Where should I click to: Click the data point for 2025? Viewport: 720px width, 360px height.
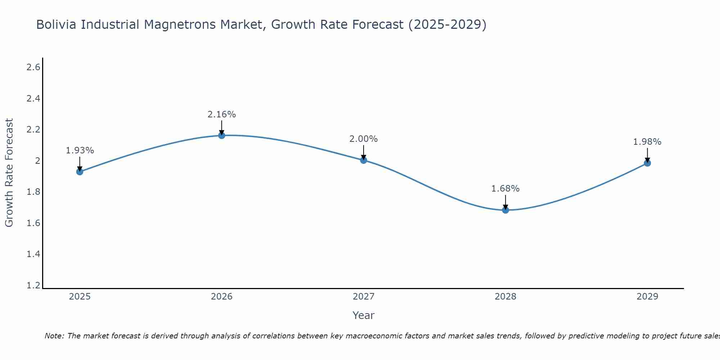tap(80, 172)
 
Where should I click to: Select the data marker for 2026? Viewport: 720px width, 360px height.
tap(222, 135)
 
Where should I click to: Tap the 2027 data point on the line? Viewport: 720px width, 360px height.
tap(364, 160)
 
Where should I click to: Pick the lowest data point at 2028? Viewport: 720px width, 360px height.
tap(505, 210)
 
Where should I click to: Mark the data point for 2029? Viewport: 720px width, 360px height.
tap(647, 163)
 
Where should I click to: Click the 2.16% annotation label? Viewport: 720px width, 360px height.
tap(222, 114)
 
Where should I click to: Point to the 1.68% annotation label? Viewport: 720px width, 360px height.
tap(505, 189)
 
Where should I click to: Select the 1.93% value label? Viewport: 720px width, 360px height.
tap(80, 150)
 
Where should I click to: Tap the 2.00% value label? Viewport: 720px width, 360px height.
tap(364, 139)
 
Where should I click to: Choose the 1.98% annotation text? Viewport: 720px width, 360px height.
tap(647, 142)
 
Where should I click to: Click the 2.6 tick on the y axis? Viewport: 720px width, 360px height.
tap(33, 67)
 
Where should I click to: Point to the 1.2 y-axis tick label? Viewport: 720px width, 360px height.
tap(33, 285)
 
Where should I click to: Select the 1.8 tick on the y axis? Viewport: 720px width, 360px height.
tap(33, 192)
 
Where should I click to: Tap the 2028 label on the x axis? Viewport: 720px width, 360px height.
tap(505, 297)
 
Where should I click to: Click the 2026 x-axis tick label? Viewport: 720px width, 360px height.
tap(222, 297)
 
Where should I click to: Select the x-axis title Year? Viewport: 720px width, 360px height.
tap(364, 315)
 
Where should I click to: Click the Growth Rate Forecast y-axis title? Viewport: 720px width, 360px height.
tap(9, 173)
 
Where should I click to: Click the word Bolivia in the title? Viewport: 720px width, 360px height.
tap(57, 25)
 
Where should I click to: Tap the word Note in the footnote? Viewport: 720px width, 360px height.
tap(54, 336)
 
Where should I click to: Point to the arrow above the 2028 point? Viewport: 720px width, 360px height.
tap(505, 202)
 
